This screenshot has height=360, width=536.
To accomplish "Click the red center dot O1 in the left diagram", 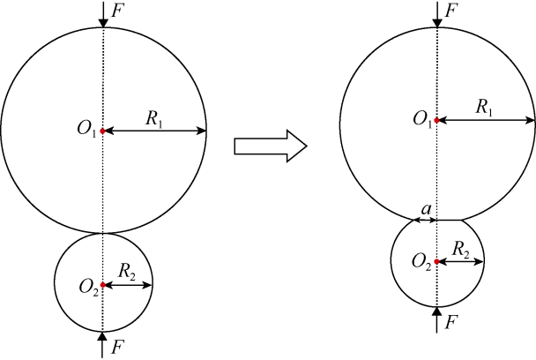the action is tap(102, 131).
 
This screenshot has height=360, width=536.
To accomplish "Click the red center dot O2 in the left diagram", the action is tap(102, 285).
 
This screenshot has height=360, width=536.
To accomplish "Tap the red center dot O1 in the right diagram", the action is tap(436, 120).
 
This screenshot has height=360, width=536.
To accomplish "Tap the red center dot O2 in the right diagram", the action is tap(436, 261).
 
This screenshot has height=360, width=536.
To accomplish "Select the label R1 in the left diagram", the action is tap(153, 119).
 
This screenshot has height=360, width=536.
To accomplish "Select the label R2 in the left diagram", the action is tap(126, 272).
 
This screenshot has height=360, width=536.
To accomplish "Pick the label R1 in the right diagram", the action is tap(485, 108).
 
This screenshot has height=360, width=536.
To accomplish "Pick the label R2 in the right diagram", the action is tap(461, 249).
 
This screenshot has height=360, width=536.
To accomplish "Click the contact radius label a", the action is tap(426, 209).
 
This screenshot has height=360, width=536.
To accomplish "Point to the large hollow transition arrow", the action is tap(271, 146).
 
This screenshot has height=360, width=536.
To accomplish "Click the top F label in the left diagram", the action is tap(116, 11).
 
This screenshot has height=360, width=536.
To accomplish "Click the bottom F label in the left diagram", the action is tap(117, 348).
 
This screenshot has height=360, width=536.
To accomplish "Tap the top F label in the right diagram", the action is tap(450, 11).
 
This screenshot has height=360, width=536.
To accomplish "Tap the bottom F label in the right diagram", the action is tap(450, 322).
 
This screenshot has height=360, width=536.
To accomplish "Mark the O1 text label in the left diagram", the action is tap(87, 130).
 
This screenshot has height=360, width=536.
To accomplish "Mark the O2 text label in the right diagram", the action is tap(421, 262).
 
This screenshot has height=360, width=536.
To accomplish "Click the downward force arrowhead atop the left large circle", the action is tap(103, 23).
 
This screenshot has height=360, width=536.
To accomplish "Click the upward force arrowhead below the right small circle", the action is tap(437, 311).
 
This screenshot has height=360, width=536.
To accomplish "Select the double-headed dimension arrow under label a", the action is tap(425, 220).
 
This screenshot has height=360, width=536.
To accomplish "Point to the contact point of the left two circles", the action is tap(103, 234).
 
